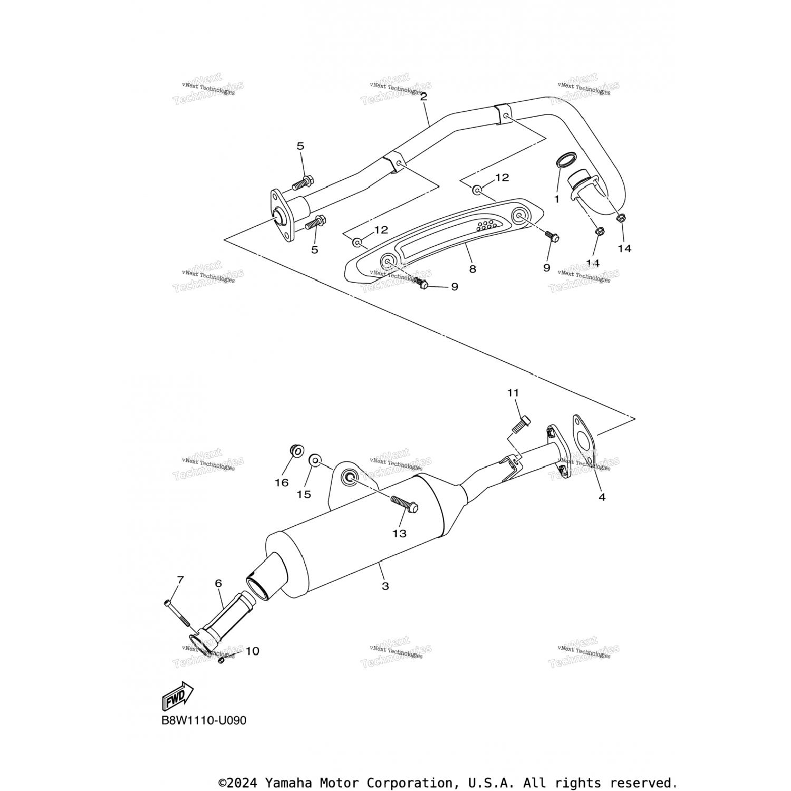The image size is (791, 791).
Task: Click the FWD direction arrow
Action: (x=178, y=697)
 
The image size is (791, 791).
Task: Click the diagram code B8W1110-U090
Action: (x=204, y=720)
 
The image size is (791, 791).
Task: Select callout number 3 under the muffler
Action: (x=385, y=586)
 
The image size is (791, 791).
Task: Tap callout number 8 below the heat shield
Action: (x=472, y=269)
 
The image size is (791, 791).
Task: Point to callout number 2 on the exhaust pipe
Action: (x=423, y=97)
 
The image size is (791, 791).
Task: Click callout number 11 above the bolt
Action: (x=513, y=393)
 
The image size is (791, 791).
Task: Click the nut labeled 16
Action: (x=297, y=451)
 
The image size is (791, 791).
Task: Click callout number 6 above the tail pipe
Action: (x=218, y=583)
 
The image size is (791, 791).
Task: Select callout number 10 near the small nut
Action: (x=253, y=651)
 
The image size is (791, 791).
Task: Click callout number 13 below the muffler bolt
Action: (x=399, y=534)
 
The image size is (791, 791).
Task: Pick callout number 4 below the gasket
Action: (x=602, y=497)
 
